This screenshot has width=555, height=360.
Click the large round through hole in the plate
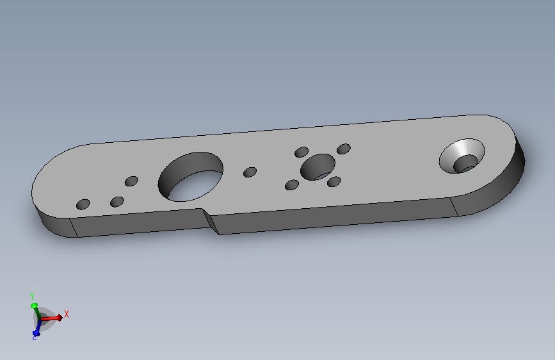190,177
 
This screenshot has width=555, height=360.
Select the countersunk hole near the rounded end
462,156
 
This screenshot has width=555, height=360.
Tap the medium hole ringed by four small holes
318,167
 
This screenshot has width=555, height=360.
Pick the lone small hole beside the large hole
250,172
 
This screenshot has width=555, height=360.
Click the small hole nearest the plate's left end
83,204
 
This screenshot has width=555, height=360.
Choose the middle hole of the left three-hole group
117,202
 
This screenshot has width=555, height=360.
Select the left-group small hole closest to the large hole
131,181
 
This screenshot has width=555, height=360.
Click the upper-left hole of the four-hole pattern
302,152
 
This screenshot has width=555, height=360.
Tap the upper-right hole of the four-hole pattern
344,149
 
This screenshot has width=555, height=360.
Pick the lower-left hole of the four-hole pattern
292,185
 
